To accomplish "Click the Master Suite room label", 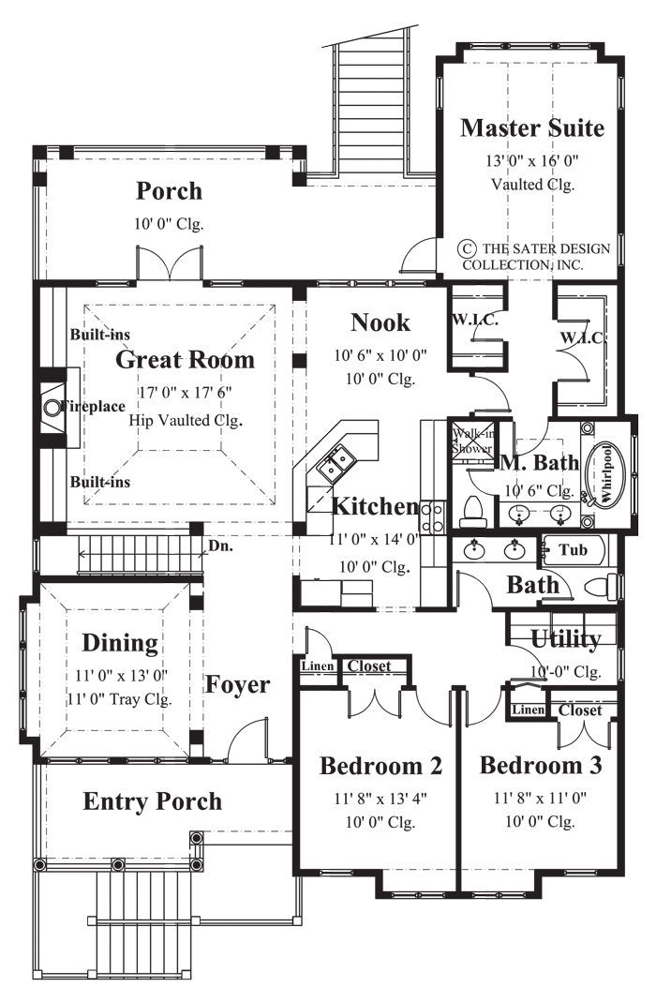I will pyautogui.click(x=531, y=127).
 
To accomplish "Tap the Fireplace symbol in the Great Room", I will pyautogui.click(x=52, y=408).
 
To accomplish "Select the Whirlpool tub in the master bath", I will pyautogui.click(x=604, y=473).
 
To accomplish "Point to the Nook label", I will pyautogui.click(x=380, y=322).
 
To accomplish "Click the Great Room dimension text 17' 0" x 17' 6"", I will pyautogui.click(x=185, y=394).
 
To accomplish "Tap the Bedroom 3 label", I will pyautogui.click(x=541, y=765).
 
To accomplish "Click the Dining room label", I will pyautogui.click(x=119, y=643).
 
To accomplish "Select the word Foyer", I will pyautogui.click(x=238, y=684).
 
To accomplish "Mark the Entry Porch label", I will pyautogui.click(x=153, y=801).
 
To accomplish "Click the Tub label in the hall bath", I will pyautogui.click(x=573, y=549).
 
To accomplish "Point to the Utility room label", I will pyautogui.click(x=565, y=639).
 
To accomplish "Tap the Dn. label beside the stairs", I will pyautogui.click(x=220, y=544).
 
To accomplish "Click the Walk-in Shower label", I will pyautogui.click(x=472, y=441).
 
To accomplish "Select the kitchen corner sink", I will pyautogui.click(x=335, y=463).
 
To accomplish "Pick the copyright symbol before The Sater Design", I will pyautogui.click(x=466, y=248).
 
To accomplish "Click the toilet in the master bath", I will pyautogui.click(x=472, y=513).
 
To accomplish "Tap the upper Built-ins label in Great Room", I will pyautogui.click(x=99, y=335).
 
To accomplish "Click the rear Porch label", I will pyautogui.click(x=169, y=191).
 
